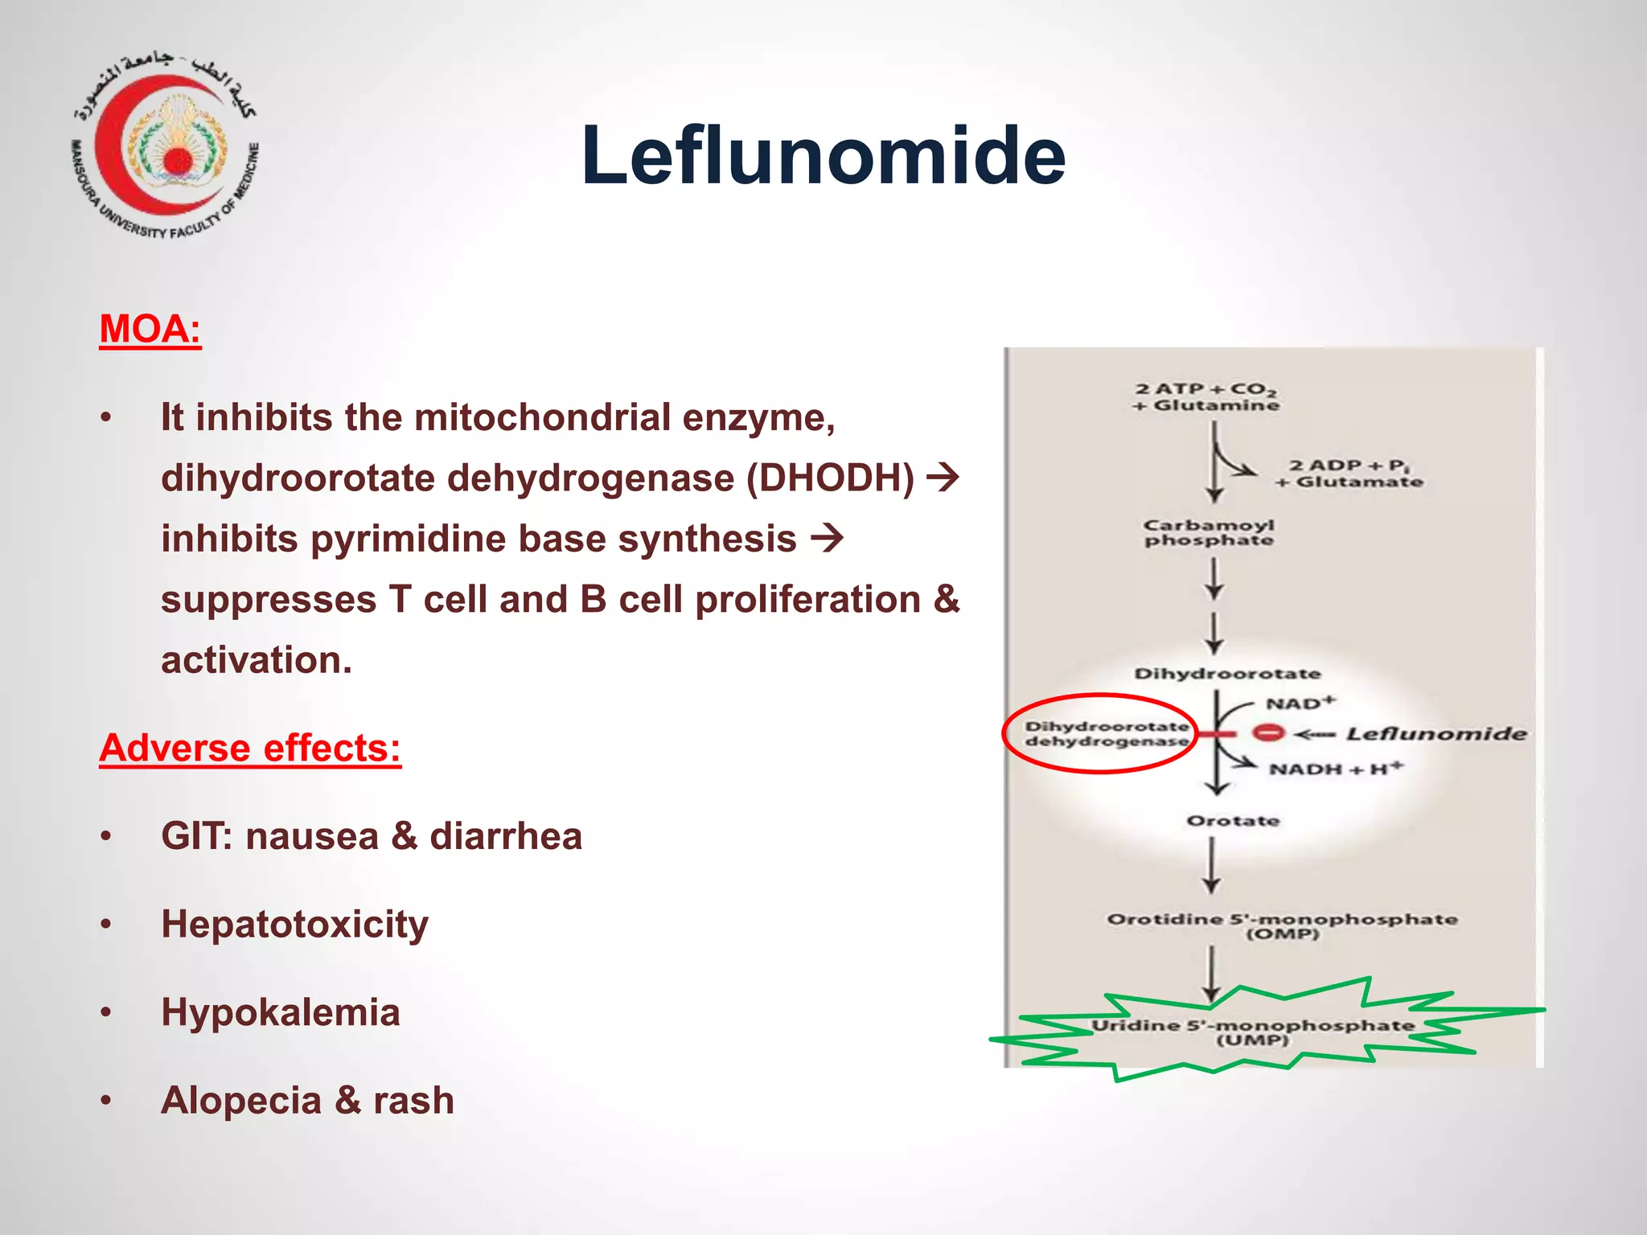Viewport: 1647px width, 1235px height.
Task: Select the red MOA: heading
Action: tap(150, 329)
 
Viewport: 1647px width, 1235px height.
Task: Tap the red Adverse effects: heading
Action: tap(250, 748)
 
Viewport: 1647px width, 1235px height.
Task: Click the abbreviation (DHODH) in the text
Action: tap(830, 478)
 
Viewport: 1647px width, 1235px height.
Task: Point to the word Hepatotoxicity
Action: tap(294, 924)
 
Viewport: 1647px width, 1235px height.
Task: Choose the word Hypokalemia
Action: tap(280, 1011)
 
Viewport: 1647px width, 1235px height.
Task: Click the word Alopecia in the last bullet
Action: tap(240, 1100)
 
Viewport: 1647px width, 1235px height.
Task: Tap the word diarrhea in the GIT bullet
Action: tap(506, 836)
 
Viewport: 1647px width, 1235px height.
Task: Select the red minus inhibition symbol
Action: tap(1268, 733)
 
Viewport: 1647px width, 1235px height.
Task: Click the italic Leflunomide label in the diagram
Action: tap(1436, 733)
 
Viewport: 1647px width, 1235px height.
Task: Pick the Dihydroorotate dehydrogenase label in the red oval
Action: tap(1107, 733)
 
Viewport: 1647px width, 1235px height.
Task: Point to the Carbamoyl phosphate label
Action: tap(1209, 532)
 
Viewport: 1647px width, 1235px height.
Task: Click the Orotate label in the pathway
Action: tap(1233, 821)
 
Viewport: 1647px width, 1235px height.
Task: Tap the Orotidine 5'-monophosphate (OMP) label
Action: tap(1282, 925)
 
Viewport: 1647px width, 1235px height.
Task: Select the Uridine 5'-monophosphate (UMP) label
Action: tap(1252, 1032)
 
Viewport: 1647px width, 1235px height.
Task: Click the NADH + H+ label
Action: tap(1336, 769)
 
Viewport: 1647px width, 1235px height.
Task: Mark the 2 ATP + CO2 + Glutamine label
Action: tap(1205, 397)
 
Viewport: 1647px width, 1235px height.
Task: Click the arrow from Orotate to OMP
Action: tap(1212, 865)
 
